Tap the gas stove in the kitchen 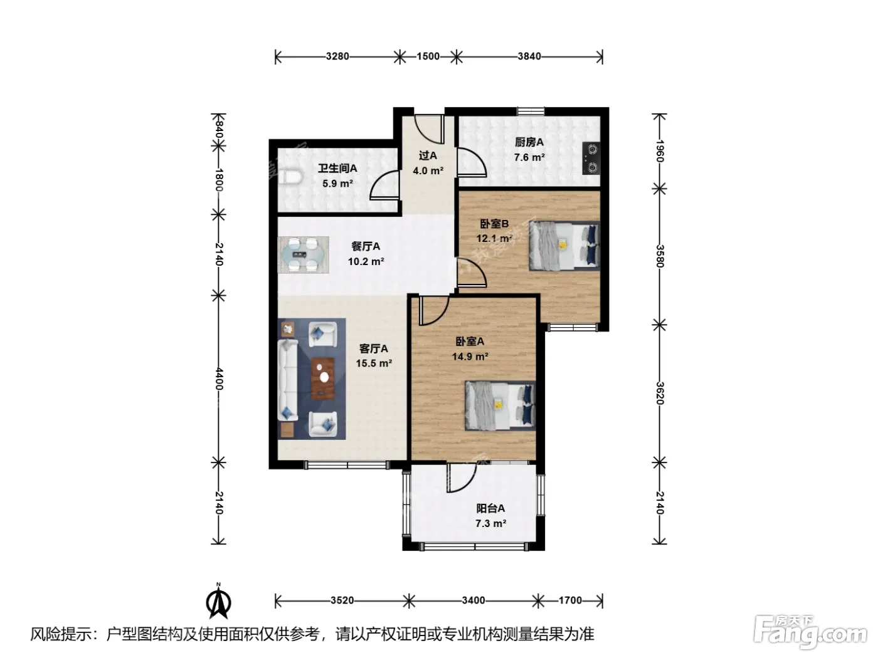[591, 159]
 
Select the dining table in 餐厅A [303, 255]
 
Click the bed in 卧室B [564, 246]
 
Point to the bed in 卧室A [500, 405]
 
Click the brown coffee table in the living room [323, 379]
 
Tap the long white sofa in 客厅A [288, 379]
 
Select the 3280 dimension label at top [337, 56]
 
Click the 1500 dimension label [428, 56]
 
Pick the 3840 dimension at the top [529, 56]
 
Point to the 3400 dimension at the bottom [473, 600]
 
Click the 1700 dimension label [570, 600]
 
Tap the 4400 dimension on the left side [219, 379]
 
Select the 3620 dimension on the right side [660, 394]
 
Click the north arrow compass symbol [218, 602]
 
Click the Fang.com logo [810, 631]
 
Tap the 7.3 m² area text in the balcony [491, 523]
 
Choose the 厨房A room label [529, 142]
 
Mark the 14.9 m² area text [470, 357]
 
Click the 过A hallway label [428, 155]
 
